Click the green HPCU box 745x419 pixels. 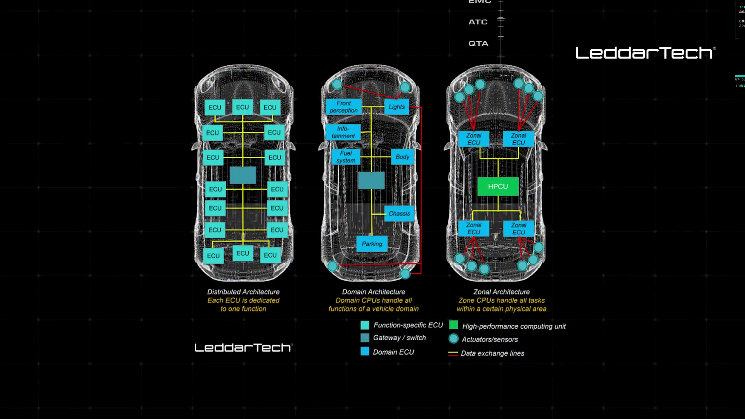tap(498, 187)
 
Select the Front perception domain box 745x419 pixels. tap(343, 107)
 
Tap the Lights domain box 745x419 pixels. tap(397, 107)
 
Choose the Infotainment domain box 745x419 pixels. tap(343, 132)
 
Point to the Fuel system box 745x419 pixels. tap(346, 157)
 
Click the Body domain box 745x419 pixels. tap(402, 157)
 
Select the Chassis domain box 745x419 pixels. tap(399, 213)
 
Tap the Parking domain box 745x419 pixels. tap(372, 244)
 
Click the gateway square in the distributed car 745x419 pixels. tap(243, 175)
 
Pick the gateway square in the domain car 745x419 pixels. tap(371, 180)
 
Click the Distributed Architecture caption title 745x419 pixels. tap(243, 292)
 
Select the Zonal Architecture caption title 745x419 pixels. tap(501, 292)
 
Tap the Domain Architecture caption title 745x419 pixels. tap(373, 292)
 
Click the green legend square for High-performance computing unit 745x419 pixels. tap(453, 325)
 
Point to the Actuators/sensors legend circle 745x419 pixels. tap(453, 339)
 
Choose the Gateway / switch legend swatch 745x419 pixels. tap(365, 338)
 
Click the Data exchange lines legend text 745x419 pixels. tap(492, 353)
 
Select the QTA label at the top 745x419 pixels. tap(478, 43)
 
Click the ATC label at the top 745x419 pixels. tap(478, 22)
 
